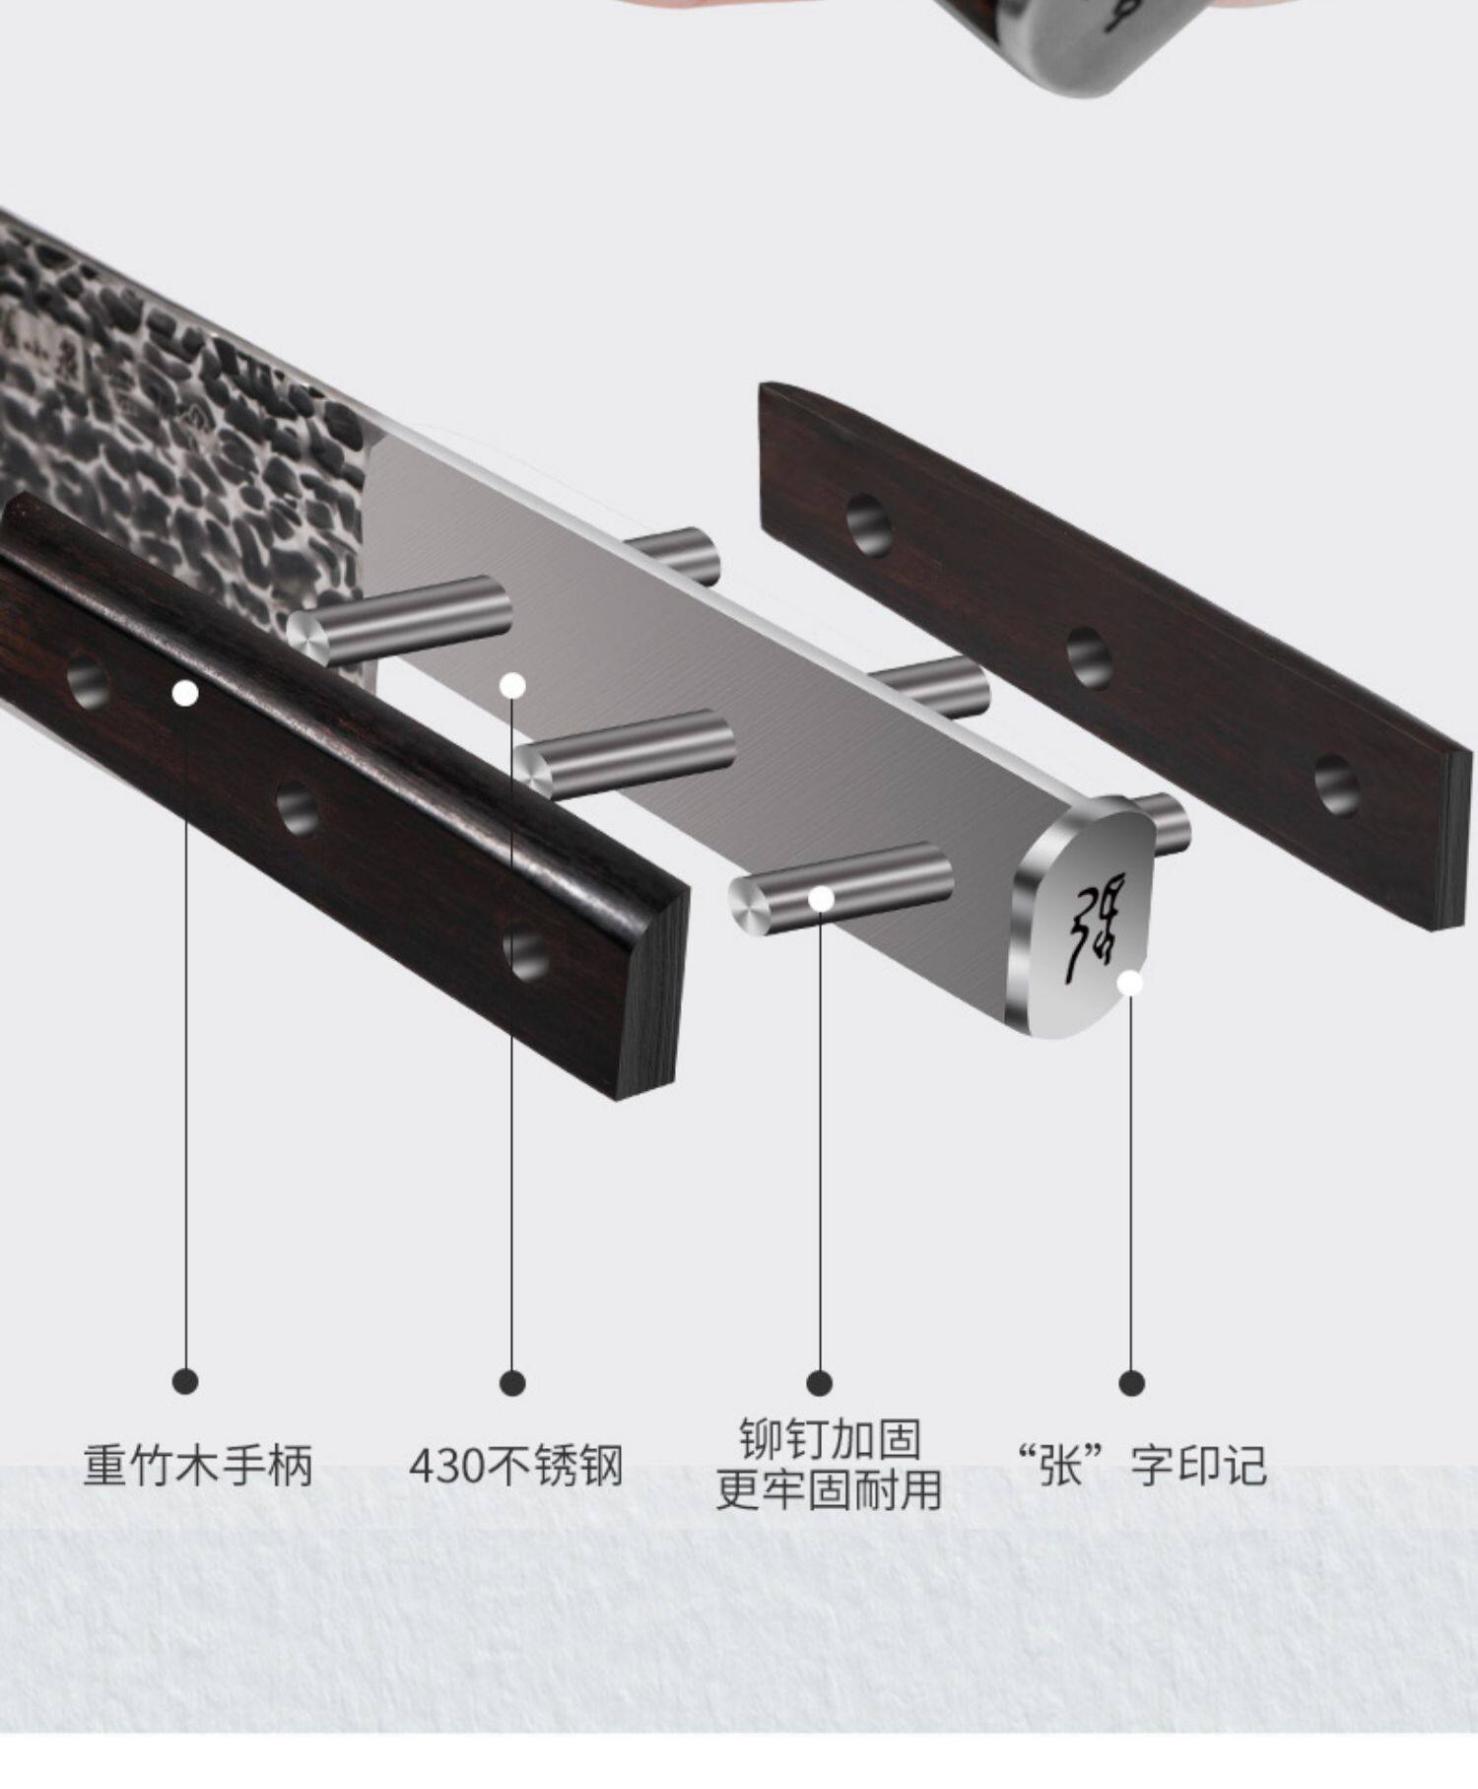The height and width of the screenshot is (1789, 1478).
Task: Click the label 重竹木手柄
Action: [x=198, y=1465]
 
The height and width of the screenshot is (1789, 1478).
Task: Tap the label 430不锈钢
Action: [x=515, y=1465]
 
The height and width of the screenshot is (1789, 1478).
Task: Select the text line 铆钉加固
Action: [x=830, y=1440]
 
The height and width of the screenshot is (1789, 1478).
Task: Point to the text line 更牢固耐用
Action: [x=830, y=1489]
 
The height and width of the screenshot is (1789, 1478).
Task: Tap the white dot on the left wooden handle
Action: [x=185, y=694]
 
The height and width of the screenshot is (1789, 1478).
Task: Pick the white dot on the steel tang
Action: [x=512, y=685]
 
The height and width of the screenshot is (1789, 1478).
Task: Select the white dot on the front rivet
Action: [x=821, y=898]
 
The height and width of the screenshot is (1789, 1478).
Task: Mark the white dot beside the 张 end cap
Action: [x=1130, y=983]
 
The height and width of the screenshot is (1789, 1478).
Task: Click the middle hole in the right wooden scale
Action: [x=1089, y=657]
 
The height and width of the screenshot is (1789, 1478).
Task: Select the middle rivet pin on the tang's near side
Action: [x=631, y=752]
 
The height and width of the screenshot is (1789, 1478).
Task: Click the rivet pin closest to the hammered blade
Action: [x=404, y=618]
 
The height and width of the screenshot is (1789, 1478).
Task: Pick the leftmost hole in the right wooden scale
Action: [x=869, y=523]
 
